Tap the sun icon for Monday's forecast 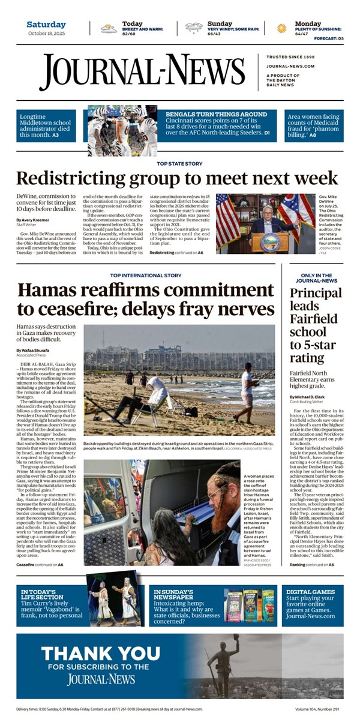click(x=281, y=28)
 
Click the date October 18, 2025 click(x=46, y=33)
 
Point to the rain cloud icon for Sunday click(x=194, y=28)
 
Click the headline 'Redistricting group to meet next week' click(x=177, y=178)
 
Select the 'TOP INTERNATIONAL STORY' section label click(x=146, y=275)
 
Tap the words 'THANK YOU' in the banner click(x=92, y=654)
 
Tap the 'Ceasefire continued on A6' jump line click(x=43, y=564)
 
